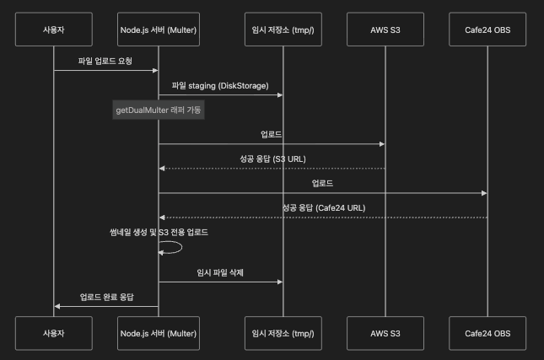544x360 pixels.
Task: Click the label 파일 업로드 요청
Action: (105, 61)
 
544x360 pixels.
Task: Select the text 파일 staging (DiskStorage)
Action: (220, 85)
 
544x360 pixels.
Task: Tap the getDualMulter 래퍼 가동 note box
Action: (159, 110)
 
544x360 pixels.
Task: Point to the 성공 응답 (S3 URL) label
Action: (272, 159)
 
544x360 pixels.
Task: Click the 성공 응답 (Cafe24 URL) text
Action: (323, 207)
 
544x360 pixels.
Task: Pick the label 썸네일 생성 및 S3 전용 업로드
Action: (159, 232)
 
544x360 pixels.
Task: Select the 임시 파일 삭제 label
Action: (220, 272)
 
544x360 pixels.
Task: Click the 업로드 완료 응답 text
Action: (105, 297)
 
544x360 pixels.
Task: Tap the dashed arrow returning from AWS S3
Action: (272, 169)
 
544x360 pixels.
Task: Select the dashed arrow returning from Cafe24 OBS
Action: (323, 218)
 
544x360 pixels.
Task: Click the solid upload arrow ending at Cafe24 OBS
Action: (323, 193)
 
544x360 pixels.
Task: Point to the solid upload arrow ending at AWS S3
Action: (272, 144)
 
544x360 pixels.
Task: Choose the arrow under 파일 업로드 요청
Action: (105, 71)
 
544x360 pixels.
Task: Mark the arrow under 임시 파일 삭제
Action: (220, 282)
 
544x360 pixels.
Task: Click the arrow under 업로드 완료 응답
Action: (105, 306)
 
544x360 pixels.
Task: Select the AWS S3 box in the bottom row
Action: (385, 333)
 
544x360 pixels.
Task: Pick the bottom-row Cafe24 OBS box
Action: (487, 333)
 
